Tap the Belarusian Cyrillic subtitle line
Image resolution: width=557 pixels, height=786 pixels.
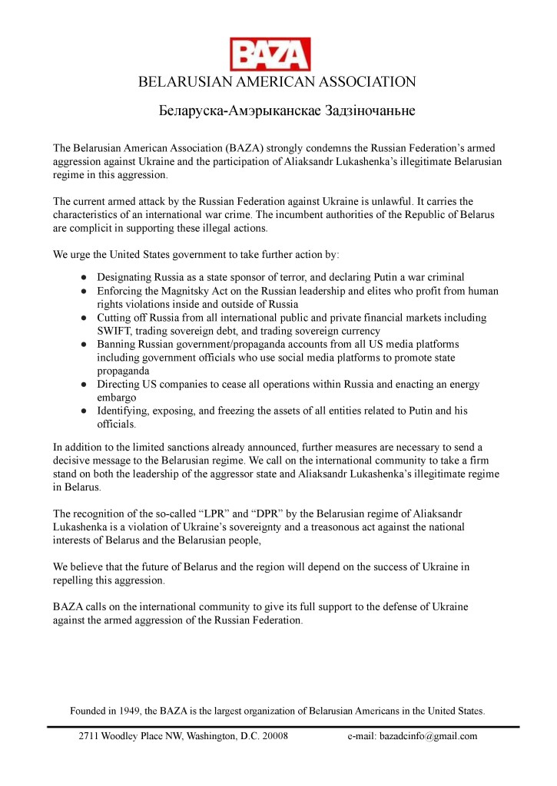pyautogui.click(x=277, y=111)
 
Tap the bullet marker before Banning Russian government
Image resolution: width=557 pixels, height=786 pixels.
pyautogui.click(x=82, y=345)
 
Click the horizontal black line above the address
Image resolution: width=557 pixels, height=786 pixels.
pyautogui.click(x=283, y=725)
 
